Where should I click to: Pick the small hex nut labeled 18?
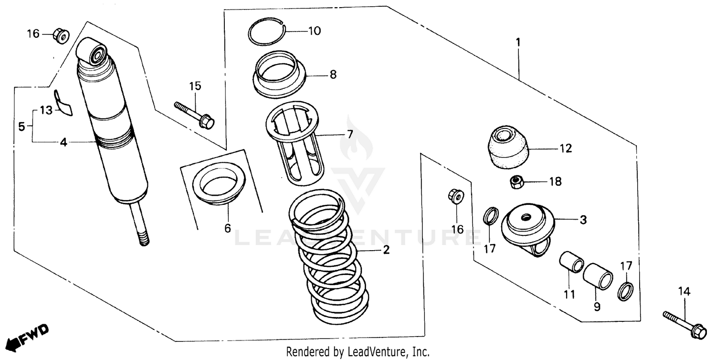(515, 181)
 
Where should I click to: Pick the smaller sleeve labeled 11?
(571, 262)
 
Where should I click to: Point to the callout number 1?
(517, 42)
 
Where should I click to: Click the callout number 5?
(21, 127)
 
